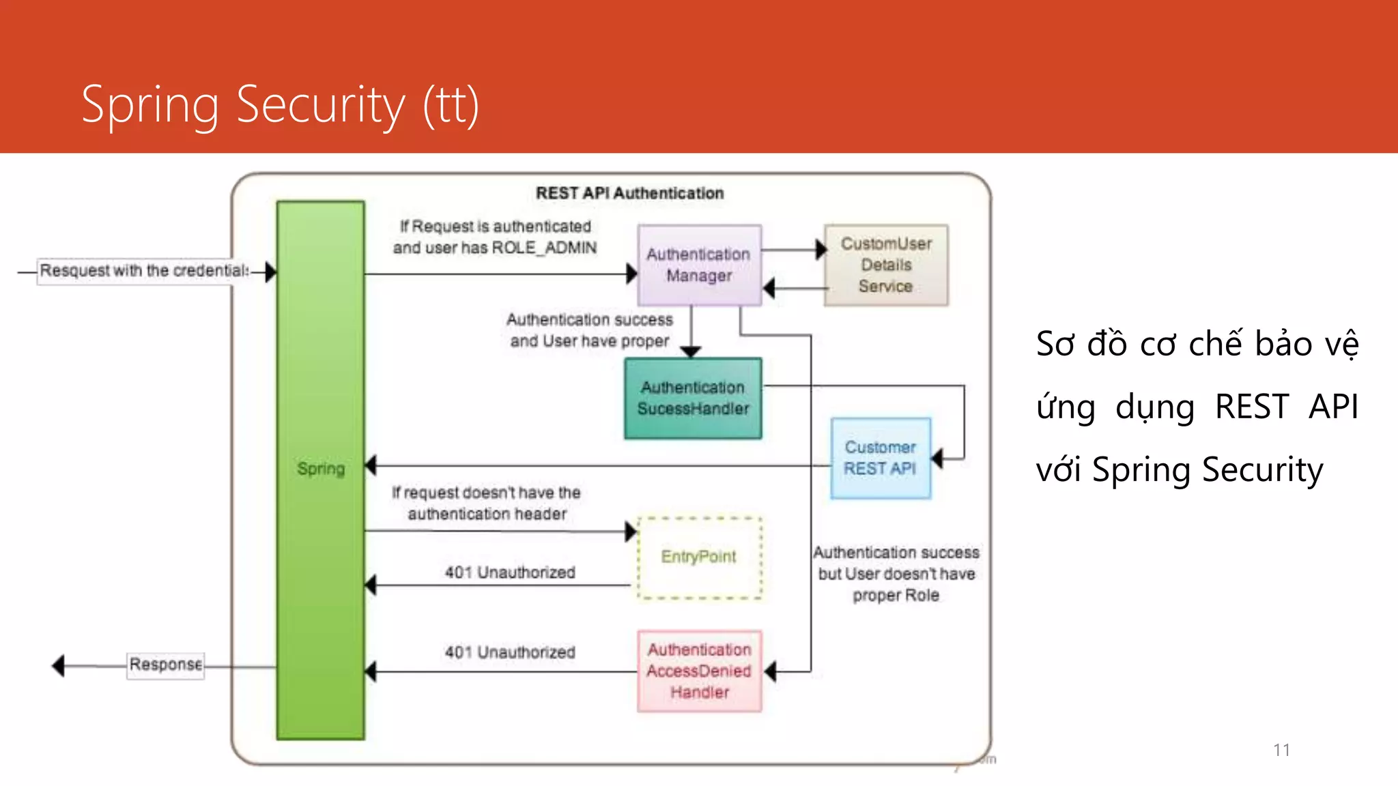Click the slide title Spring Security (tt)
coord(280,105)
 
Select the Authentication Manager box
coord(699,265)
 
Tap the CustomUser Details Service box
coord(885,265)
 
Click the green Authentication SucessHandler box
coord(693,398)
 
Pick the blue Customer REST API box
coord(880,458)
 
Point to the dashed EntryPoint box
coord(699,557)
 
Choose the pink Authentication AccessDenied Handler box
coord(699,671)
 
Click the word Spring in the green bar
coord(321,469)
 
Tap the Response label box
coord(166,665)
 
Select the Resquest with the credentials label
coord(143,271)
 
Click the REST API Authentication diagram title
coord(629,193)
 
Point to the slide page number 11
coord(1281,750)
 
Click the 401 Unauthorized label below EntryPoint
coord(510,572)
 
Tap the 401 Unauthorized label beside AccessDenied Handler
coord(510,652)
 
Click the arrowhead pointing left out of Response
coord(59,665)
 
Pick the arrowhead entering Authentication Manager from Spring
coord(631,274)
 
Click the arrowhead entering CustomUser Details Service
coord(821,250)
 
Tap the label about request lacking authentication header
coord(486,503)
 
